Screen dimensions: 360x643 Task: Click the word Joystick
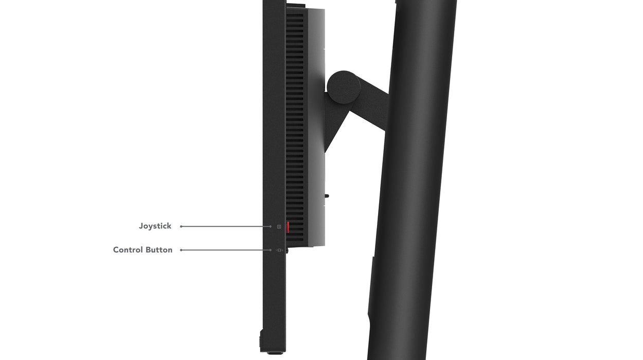tap(155, 226)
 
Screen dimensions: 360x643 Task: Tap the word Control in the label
tap(128, 250)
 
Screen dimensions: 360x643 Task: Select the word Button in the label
tap(159, 250)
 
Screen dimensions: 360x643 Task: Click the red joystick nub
tap(288, 227)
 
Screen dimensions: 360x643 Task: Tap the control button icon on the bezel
tap(279, 250)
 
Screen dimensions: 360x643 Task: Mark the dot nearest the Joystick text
tap(182, 226)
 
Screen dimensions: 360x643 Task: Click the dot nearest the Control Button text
tap(182, 250)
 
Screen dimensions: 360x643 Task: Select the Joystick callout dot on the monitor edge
tap(271, 226)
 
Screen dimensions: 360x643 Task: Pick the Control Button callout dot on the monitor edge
tap(271, 250)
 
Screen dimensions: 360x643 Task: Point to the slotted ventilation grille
tap(295, 129)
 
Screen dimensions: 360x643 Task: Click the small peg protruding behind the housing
tap(327, 195)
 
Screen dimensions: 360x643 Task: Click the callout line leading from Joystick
tap(226, 226)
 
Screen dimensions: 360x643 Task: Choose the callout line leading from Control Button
tap(226, 250)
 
